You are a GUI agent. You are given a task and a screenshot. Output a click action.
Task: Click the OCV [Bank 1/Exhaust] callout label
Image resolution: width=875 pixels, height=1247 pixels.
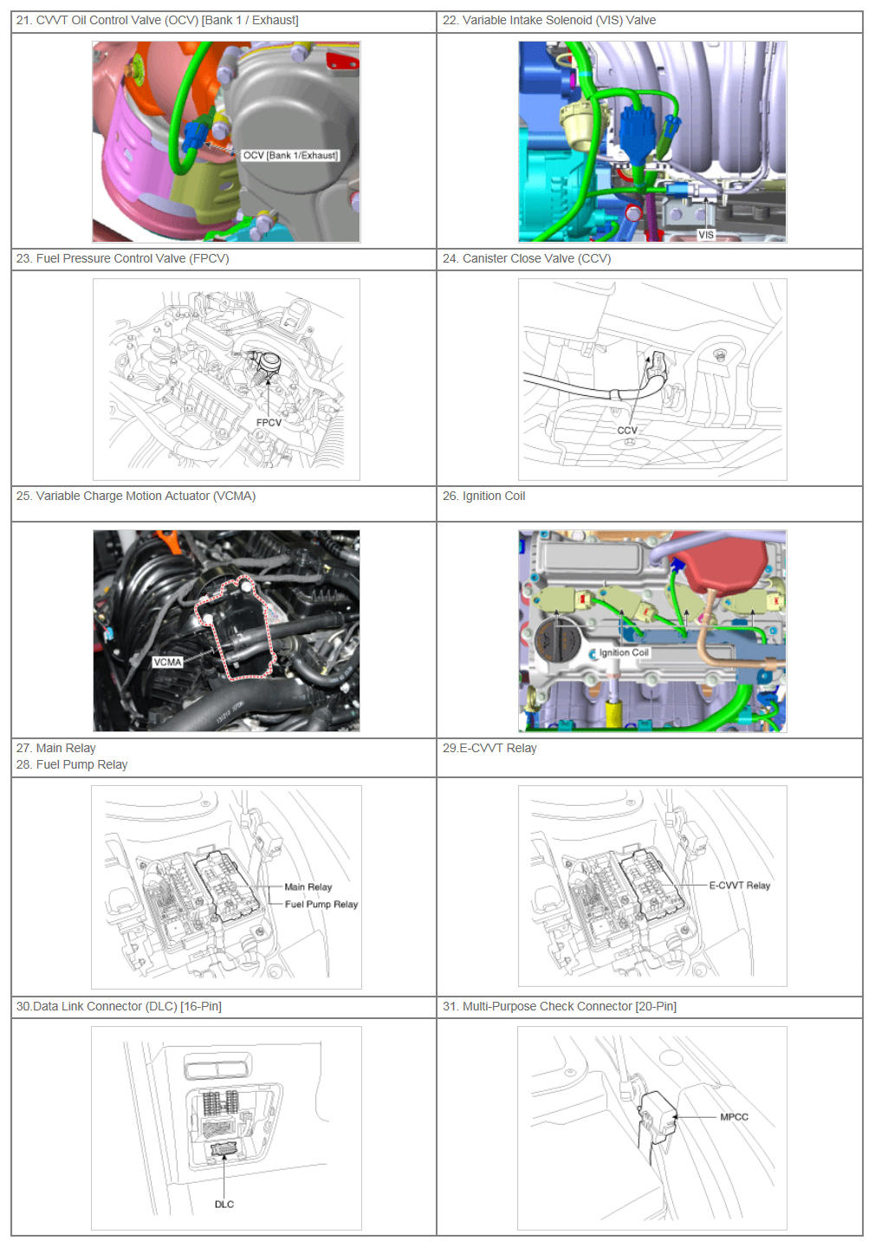(x=290, y=155)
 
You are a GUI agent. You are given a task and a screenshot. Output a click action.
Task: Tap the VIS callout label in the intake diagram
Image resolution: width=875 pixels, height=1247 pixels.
(x=706, y=235)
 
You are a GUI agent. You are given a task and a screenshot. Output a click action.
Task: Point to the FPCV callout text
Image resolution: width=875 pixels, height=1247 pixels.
(x=269, y=423)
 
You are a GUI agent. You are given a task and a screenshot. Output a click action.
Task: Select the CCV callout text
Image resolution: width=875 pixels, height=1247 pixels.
(x=627, y=431)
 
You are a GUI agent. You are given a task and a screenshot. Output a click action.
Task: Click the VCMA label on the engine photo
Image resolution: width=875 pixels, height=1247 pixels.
(x=167, y=662)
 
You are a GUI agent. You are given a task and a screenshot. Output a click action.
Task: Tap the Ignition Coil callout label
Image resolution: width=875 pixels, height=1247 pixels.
(x=624, y=653)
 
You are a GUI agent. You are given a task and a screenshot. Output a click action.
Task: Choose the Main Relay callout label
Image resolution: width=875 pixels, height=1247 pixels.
(x=308, y=887)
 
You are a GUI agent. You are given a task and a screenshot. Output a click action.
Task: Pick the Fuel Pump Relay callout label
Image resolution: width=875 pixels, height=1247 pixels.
(x=321, y=904)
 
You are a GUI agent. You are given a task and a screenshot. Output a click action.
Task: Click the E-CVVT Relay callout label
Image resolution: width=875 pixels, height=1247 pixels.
(x=739, y=885)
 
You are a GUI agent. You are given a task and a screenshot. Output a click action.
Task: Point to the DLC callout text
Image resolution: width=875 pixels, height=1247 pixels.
(x=224, y=1205)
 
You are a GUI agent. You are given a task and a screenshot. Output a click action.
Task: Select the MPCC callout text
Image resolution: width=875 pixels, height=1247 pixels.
(x=734, y=1117)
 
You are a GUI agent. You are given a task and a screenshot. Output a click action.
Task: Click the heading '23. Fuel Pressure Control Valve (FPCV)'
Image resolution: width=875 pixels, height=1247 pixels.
(x=122, y=258)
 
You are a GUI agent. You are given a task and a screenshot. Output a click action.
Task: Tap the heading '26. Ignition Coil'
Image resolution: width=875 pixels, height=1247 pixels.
(x=483, y=496)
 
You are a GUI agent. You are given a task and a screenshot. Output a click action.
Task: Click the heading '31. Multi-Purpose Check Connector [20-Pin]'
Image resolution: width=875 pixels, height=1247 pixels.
(x=560, y=1006)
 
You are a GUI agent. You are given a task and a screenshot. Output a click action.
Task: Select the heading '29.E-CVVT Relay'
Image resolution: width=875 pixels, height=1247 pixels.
(x=489, y=748)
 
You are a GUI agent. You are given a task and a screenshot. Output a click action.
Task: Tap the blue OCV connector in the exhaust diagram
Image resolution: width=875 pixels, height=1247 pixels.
(x=194, y=136)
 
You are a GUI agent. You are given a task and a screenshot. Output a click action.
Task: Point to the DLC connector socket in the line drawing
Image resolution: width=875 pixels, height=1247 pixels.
(x=224, y=1149)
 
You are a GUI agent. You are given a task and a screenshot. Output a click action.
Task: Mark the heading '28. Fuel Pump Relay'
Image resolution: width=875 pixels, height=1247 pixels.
(x=72, y=764)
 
